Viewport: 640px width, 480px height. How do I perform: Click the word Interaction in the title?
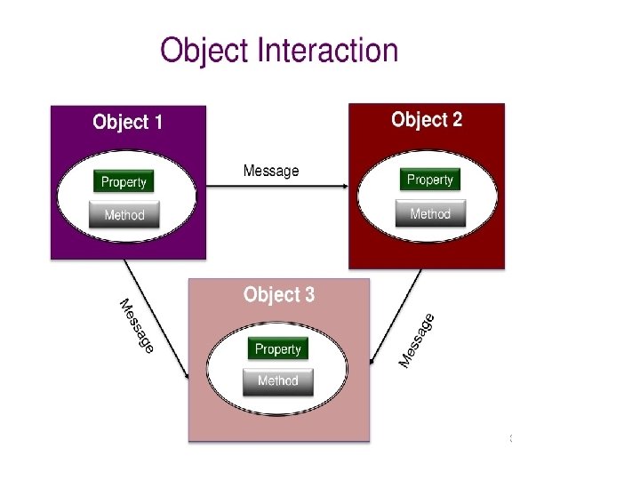[x=327, y=50]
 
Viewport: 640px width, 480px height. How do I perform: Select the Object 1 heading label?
[x=127, y=122]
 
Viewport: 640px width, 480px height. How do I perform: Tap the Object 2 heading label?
[x=427, y=119]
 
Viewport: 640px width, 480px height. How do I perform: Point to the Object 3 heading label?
[x=278, y=294]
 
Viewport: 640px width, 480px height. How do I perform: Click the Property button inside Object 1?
[x=124, y=181]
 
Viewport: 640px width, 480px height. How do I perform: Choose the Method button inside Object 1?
[x=124, y=214]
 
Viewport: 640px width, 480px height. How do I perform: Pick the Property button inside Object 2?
[x=430, y=180]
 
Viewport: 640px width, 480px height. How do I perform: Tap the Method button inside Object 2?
[x=430, y=213]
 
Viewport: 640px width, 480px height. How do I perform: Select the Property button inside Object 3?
[x=278, y=348]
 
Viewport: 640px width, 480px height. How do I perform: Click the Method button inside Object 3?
[x=278, y=380]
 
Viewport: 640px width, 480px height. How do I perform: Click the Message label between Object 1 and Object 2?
[x=271, y=171]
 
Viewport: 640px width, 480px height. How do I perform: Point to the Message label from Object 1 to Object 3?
[x=136, y=325]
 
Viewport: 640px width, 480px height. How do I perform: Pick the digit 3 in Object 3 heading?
[x=308, y=294]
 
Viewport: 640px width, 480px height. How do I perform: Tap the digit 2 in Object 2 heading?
[x=457, y=119]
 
